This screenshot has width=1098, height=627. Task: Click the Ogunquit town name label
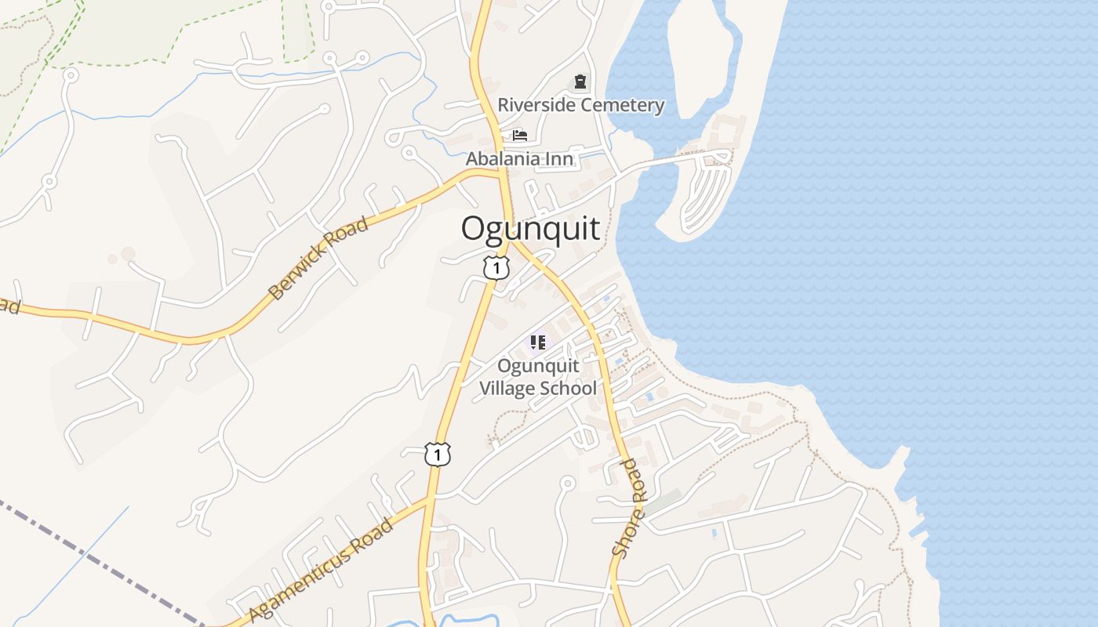pos(530,229)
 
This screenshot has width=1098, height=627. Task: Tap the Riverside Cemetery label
pos(580,105)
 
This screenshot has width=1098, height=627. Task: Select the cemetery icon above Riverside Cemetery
pos(580,82)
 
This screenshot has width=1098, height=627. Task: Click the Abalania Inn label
pos(519,158)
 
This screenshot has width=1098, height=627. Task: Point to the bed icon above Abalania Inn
pos(519,135)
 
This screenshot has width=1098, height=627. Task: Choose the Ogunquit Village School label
pos(538,377)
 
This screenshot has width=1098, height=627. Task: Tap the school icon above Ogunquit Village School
pos(537,342)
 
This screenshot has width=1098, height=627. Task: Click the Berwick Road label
pos(318,259)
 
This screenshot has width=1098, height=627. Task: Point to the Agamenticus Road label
pos(322,569)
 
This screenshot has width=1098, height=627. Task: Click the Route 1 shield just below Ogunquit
pos(496,268)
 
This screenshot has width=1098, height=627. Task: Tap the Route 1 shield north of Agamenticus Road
pos(438,454)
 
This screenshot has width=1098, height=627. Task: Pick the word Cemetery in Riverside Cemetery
pos(624,105)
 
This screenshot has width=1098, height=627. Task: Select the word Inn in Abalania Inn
pos(561,158)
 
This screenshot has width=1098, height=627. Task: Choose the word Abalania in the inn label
pos(504,158)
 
